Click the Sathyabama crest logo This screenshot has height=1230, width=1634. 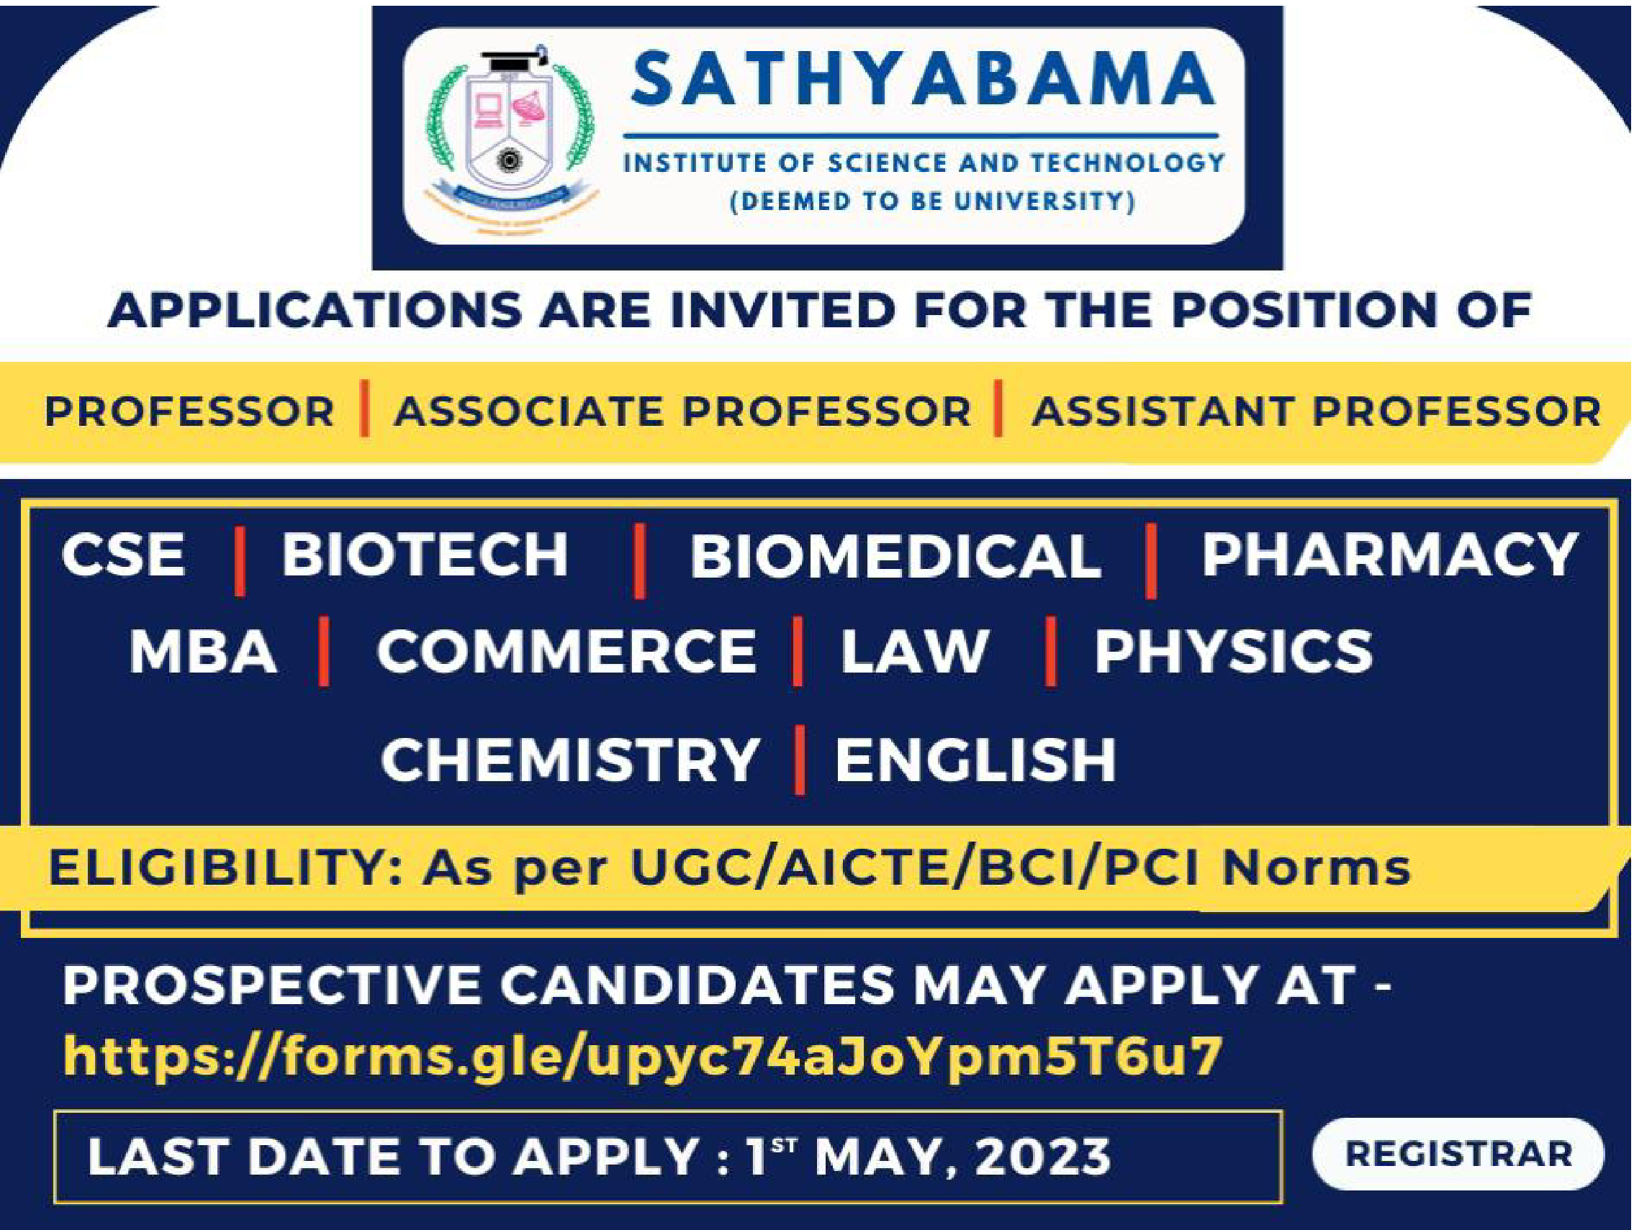[x=510, y=137]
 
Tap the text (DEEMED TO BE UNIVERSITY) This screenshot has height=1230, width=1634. [x=932, y=201]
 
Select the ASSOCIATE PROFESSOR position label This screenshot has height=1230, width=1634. [x=682, y=411]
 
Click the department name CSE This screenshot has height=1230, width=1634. [x=123, y=555]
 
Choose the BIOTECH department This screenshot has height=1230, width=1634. [x=425, y=555]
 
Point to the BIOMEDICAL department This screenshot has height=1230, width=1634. [x=895, y=556]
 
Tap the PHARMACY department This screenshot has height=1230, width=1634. [x=1389, y=555]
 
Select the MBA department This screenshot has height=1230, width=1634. [x=203, y=652]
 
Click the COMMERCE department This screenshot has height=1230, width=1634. [x=567, y=652]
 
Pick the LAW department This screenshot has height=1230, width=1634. [x=914, y=652]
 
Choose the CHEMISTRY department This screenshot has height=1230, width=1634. [x=570, y=760]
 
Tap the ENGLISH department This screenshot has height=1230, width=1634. [x=975, y=760]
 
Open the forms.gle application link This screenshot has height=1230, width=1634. [x=643, y=1056]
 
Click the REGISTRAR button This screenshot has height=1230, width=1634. [x=1458, y=1154]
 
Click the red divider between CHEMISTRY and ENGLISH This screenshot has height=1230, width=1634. [x=798, y=760]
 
